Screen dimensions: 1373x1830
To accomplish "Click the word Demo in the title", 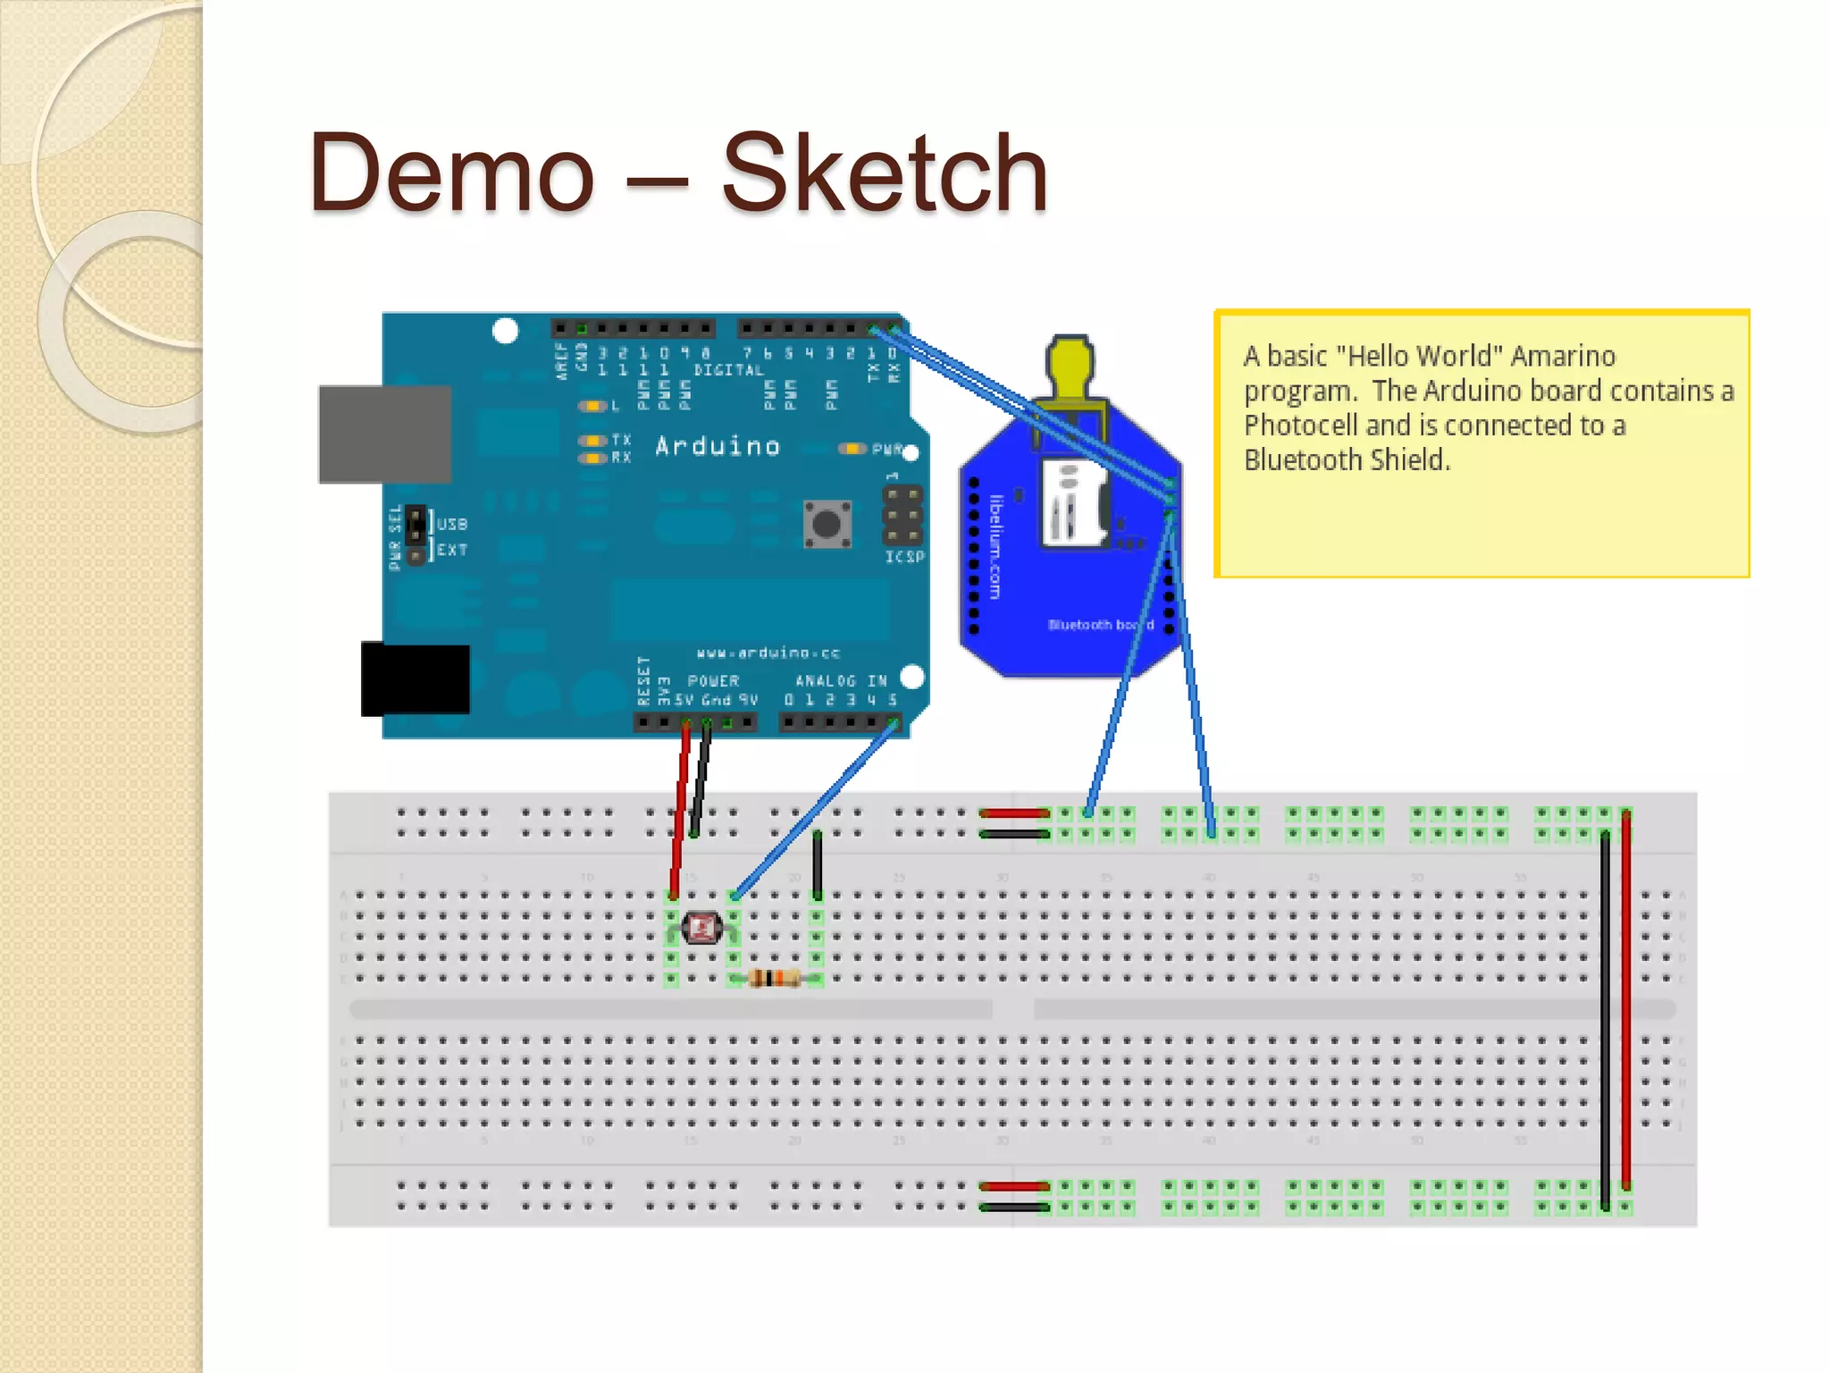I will [x=451, y=173].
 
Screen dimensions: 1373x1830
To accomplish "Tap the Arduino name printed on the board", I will [x=718, y=446].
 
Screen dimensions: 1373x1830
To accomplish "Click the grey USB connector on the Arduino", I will [x=384, y=434].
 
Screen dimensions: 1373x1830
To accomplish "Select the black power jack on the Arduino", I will [x=416, y=679].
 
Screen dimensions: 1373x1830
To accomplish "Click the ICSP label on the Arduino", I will [x=904, y=557].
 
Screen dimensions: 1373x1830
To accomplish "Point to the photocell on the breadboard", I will [x=702, y=929].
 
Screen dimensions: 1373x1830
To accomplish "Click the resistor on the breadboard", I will [x=774, y=979].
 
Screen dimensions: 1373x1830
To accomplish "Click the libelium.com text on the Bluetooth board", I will [x=996, y=546].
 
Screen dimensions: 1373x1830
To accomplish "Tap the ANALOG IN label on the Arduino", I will [x=841, y=681].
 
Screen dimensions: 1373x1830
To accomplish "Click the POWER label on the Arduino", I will [x=713, y=681].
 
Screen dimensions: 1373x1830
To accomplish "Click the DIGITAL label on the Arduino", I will [x=728, y=370].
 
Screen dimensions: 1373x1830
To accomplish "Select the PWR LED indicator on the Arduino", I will [x=852, y=449].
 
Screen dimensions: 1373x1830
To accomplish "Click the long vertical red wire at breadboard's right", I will [x=1625, y=1001].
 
